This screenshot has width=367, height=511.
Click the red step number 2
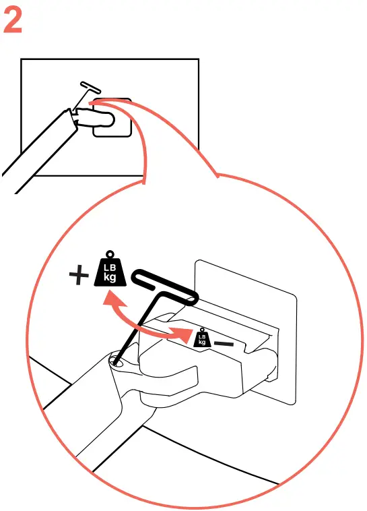pos(13,22)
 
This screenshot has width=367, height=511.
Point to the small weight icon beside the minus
pos(201,338)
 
